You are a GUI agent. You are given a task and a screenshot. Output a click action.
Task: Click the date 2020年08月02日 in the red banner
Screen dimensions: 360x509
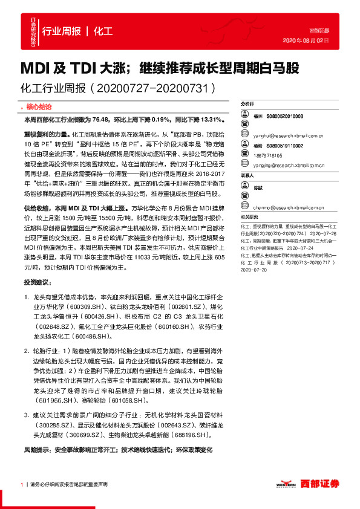pyautogui.click(x=306, y=41)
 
